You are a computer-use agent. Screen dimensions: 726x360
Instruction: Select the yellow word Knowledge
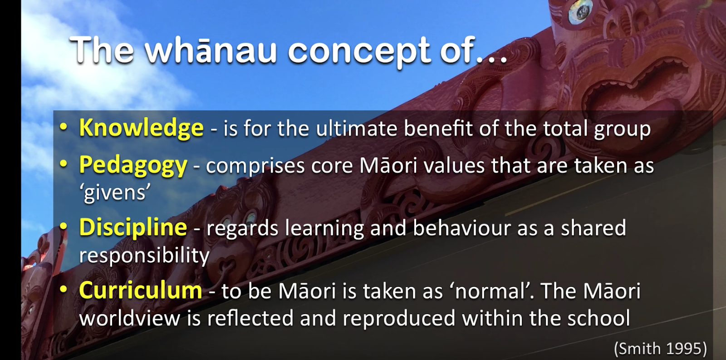click(x=141, y=128)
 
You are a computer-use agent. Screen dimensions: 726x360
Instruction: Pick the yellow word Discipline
click(x=133, y=228)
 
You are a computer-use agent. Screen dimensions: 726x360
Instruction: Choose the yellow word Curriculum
click(x=141, y=290)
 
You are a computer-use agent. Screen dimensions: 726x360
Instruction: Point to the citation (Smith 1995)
click(x=661, y=349)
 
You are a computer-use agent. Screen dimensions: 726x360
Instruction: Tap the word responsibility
click(x=144, y=256)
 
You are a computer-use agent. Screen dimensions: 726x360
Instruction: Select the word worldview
click(x=130, y=317)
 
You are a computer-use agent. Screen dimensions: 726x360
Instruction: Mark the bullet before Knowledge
click(x=64, y=128)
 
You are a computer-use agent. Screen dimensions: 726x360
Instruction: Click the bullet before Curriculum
click(x=64, y=289)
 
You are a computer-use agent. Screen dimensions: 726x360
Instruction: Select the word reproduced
click(x=399, y=319)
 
